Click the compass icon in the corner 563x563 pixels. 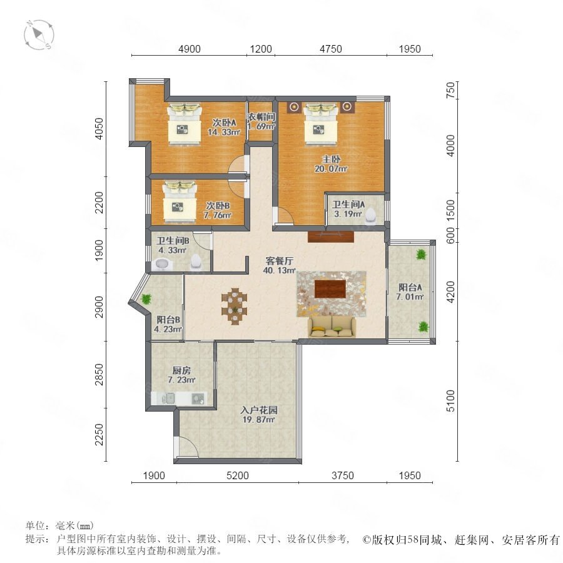click(39, 35)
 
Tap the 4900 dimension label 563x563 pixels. click(189, 49)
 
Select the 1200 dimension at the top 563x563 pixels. click(261, 49)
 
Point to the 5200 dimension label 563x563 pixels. click(238, 476)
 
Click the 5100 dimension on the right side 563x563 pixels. click(450, 401)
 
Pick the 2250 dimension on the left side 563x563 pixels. click(99, 435)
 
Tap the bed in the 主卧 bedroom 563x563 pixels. click(321, 124)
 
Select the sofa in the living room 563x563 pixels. click(332, 327)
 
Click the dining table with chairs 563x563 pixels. click(235, 307)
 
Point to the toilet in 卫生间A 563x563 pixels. click(370, 216)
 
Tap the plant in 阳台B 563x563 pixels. click(146, 299)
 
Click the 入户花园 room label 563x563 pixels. click(259, 410)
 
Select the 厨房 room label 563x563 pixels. click(181, 370)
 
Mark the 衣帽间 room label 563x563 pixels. click(261, 117)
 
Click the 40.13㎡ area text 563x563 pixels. click(280, 270)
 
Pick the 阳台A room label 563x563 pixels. click(410, 287)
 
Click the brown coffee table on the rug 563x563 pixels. click(330, 289)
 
